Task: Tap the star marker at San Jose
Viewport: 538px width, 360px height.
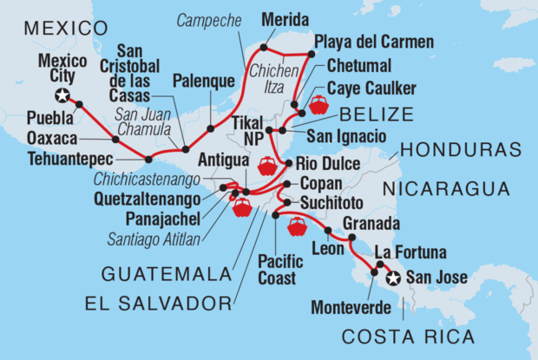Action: pyautogui.click(x=392, y=278)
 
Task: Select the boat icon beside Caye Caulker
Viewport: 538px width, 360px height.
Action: pyautogui.click(x=318, y=105)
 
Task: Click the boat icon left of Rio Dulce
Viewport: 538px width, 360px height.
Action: pyautogui.click(x=267, y=164)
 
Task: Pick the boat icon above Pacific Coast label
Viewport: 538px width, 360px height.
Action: pyautogui.click(x=297, y=226)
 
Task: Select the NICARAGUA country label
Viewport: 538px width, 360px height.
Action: pyautogui.click(x=446, y=189)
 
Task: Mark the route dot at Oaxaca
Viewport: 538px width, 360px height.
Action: pyautogui.click(x=115, y=139)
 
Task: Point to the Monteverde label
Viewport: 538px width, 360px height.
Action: pyautogui.click(x=341, y=306)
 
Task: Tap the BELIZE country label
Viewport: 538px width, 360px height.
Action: pyautogui.click(x=370, y=114)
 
